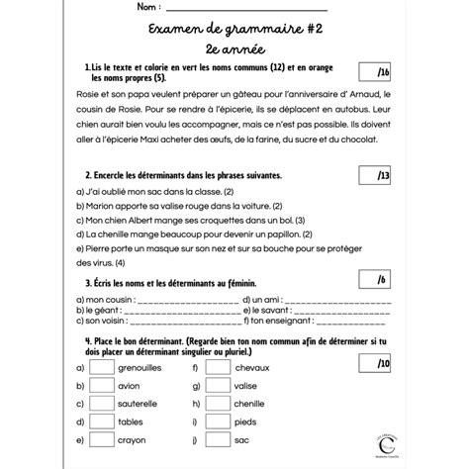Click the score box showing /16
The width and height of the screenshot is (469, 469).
tap(384, 72)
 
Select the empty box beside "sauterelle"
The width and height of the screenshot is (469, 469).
tap(102, 406)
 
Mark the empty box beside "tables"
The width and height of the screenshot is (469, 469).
tap(102, 425)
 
